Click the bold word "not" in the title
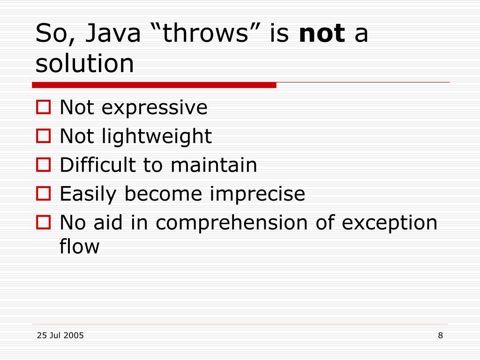[322, 35]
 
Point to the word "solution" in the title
[85, 64]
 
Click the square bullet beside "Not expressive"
[43, 108]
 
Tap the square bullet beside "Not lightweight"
[43, 136]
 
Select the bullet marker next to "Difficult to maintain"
[43, 165]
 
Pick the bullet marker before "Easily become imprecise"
[43, 194]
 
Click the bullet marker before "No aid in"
[43, 222]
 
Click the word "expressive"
[154, 108]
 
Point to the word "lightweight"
[157, 137]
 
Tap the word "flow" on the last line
[79, 247]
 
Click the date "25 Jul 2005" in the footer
[60, 335]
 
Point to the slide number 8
[440, 335]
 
